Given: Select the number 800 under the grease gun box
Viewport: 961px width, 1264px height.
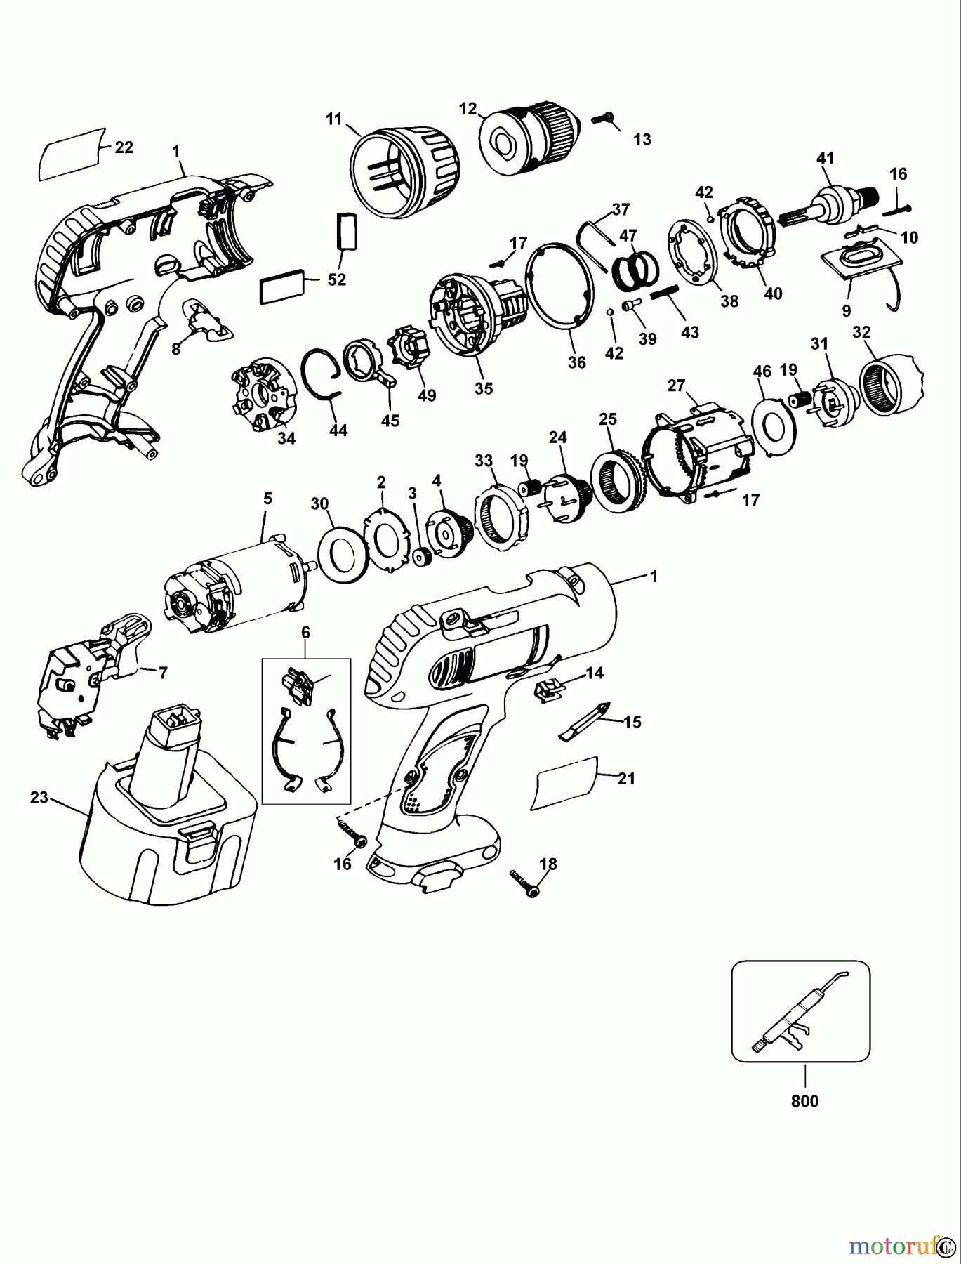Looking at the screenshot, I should point(804,1101).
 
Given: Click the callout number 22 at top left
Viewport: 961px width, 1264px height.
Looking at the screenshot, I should point(124,147).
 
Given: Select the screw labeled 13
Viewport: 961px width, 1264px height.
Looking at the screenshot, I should point(602,119).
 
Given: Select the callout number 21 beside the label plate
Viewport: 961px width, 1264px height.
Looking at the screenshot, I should point(626,778).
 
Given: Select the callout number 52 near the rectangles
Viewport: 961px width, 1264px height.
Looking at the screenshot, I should point(337,279).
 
